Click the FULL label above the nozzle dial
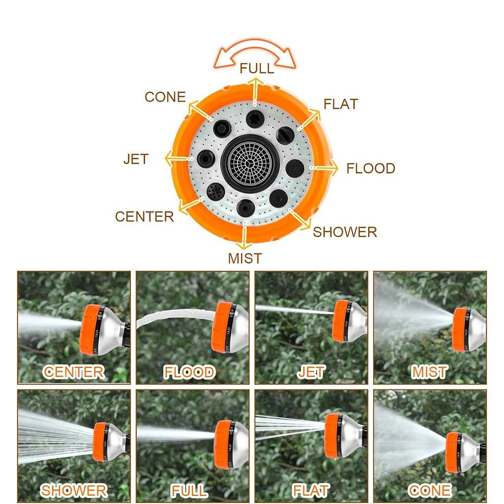257,69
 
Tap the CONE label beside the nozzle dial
165,97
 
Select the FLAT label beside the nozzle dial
341,104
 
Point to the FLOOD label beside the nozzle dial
371,168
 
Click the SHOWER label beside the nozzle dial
345,232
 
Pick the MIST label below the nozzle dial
245,258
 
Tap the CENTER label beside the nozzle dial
144,216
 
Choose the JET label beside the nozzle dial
136,159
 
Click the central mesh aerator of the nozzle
250,164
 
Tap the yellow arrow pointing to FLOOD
324,168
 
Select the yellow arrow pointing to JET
179,159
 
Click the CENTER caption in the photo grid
74,372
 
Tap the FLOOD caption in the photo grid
189,372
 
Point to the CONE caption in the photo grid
429,491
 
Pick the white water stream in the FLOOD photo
175,315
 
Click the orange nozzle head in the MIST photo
460,330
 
